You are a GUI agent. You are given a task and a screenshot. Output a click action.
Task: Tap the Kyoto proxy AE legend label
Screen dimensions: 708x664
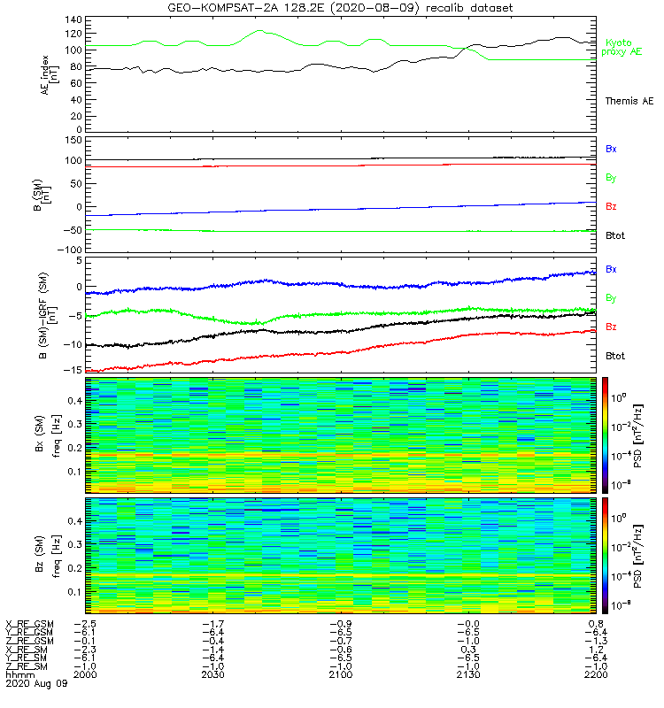[x=624, y=47]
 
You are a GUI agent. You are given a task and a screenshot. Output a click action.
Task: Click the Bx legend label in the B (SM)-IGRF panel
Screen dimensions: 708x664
[x=611, y=268]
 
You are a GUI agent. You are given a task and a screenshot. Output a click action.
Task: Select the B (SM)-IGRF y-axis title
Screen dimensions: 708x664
[x=48, y=314]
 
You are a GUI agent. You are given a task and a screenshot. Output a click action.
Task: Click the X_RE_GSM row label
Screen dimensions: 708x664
[x=29, y=625]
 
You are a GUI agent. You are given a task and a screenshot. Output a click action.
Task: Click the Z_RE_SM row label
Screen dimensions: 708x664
[x=28, y=666]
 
